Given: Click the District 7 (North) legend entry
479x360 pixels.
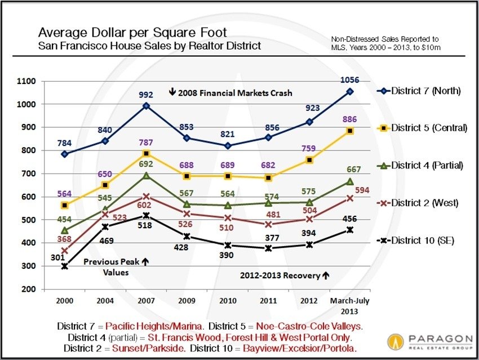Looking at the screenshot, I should (423, 91).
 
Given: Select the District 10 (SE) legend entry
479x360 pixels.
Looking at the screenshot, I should (423, 241).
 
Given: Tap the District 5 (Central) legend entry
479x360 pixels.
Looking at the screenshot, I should (423, 128).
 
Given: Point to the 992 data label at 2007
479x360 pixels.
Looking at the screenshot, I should (146, 95).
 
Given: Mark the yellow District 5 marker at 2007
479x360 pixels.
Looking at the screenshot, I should (146, 153).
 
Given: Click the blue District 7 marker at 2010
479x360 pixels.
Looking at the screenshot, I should (227, 145).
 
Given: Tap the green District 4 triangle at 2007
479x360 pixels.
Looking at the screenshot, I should (146, 175).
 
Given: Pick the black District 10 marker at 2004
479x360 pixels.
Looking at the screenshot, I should (105, 226).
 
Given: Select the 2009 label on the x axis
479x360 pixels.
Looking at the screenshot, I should (187, 301).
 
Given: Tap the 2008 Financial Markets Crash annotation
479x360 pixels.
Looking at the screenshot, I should (226, 92).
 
